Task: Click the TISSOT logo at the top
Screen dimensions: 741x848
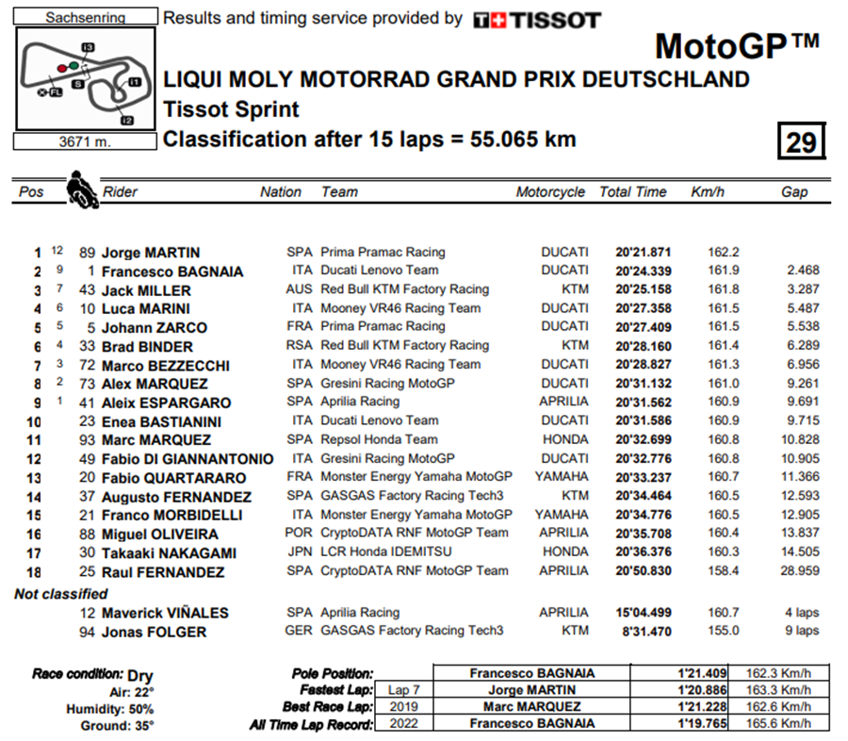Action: [536, 20]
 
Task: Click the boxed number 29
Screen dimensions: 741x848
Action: [802, 141]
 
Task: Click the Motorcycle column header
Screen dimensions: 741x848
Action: [550, 191]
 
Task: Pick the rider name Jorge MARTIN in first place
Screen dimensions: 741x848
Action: [151, 253]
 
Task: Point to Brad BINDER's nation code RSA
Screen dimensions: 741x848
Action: [299, 346]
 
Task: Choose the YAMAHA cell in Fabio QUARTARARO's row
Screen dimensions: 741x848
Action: [562, 477]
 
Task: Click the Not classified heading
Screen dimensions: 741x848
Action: [61, 594]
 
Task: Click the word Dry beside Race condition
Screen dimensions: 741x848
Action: [139, 675]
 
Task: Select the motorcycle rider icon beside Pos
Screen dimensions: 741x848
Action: [81, 189]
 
